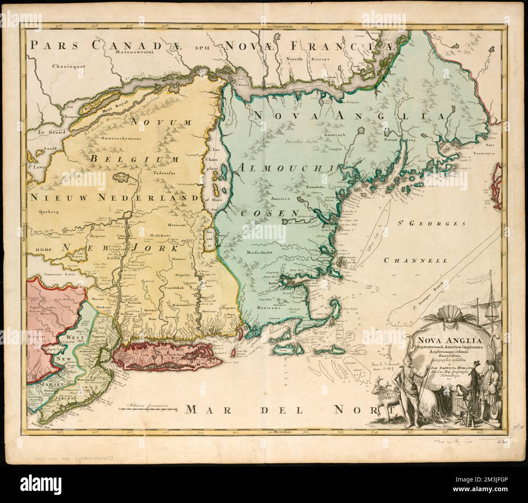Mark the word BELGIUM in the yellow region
coord(132,159)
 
